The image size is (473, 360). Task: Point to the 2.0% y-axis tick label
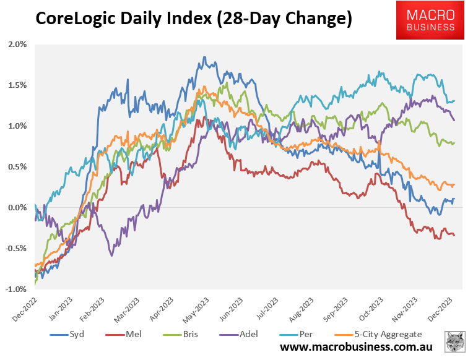pos(18,45)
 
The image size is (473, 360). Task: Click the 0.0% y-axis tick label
pos(18,207)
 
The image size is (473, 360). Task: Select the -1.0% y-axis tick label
pos(17,289)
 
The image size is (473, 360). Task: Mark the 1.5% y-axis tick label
pos(18,85)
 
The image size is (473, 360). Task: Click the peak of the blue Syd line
pos(204,57)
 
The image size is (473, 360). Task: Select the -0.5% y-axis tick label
pos(17,248)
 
